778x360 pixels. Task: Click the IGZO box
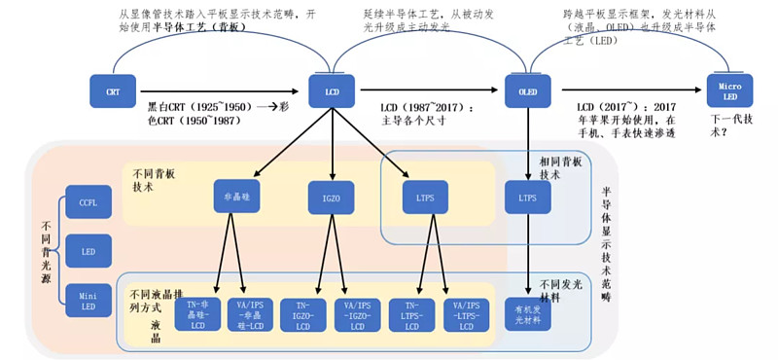click(x=332, y=198)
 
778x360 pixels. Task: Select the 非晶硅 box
click(x=231, y=197)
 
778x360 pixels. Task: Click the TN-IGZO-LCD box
click(x=305, y=315)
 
